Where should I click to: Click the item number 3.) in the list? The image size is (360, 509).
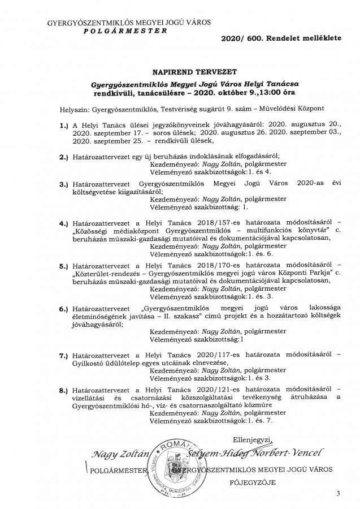64,184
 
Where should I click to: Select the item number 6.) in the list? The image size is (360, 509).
64,310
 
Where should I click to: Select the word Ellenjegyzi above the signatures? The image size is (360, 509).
252,439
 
